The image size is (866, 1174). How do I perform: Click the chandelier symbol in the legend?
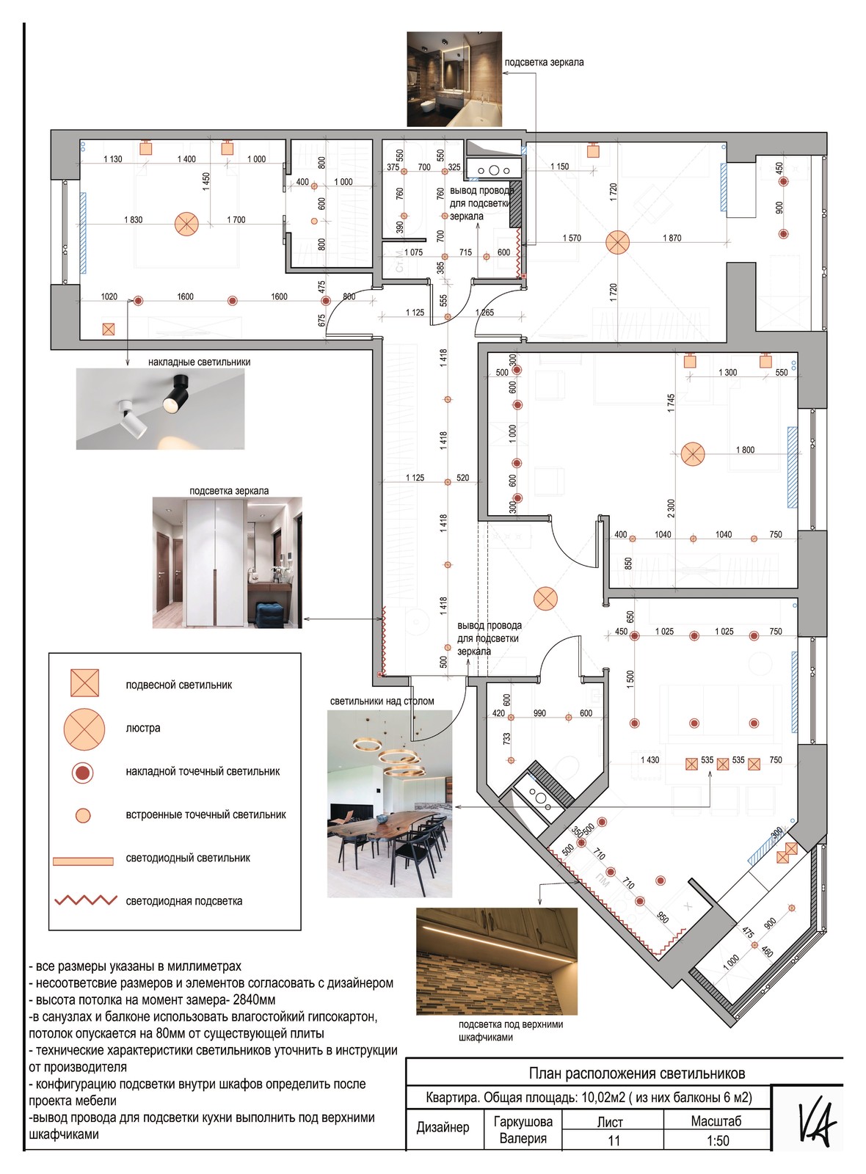84,729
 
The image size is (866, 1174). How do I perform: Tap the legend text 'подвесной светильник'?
179,685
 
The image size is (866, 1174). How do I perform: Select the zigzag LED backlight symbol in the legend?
86,900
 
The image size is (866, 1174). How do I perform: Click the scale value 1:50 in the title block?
718,1140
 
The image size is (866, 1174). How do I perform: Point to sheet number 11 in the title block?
614,1140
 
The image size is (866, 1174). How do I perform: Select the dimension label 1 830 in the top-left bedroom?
133,219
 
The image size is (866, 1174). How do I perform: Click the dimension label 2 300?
672,508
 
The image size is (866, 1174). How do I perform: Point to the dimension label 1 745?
672,404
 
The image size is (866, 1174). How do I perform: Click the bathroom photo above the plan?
454,79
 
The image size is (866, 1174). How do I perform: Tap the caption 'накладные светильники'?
199,362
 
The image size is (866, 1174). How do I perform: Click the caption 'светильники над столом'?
382,701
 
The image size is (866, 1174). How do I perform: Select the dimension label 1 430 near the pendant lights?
649,759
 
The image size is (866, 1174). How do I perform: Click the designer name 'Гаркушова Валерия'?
523,1129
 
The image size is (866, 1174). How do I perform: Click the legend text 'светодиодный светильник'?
188,858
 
